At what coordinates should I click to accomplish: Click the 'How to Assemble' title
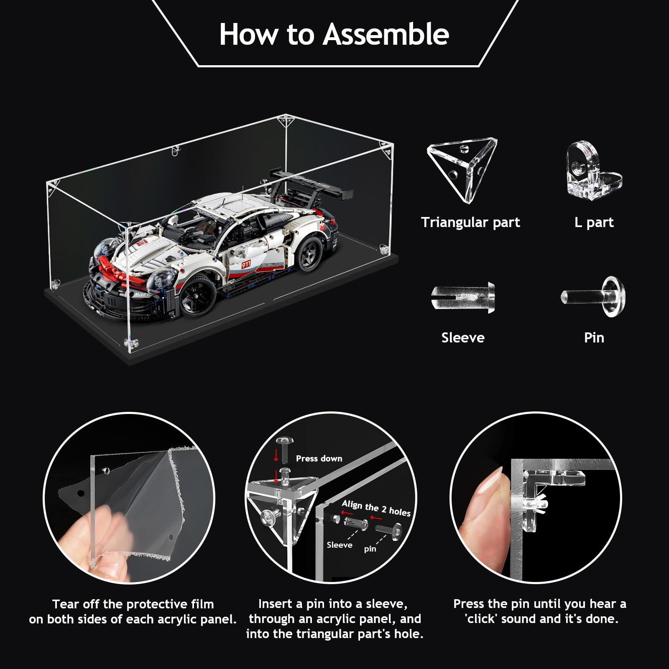334,34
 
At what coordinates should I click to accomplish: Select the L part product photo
594,169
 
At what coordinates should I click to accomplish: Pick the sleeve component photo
463,298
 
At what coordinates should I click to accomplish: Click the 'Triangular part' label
470,222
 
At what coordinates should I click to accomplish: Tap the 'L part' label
594,222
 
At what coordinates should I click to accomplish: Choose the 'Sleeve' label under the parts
463,337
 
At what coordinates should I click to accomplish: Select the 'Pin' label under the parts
594,337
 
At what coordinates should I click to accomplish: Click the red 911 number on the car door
246,264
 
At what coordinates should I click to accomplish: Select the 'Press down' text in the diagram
319,459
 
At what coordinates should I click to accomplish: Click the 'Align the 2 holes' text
376,508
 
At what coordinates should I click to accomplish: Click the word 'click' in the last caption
484,619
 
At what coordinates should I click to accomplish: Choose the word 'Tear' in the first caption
66,604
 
